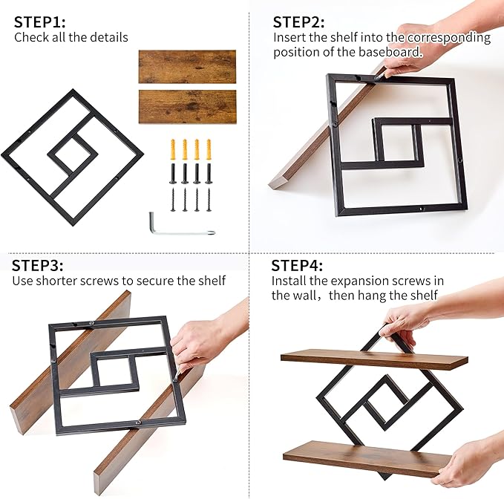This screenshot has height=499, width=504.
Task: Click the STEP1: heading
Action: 39,22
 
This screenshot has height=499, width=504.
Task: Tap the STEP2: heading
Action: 298,22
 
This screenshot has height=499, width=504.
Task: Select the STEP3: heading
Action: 38,266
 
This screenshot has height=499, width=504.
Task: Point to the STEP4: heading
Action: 297,266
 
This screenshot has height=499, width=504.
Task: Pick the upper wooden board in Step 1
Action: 187,67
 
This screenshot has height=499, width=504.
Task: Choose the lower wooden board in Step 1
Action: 187,106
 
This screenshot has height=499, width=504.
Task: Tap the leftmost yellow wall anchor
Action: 173,149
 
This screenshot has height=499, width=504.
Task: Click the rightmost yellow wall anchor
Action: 209,149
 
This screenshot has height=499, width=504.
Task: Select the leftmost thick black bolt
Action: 173,174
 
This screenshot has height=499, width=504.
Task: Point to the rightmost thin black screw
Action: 209,199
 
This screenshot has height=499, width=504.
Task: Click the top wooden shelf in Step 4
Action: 374,359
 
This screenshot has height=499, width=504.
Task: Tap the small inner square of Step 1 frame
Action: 72,156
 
